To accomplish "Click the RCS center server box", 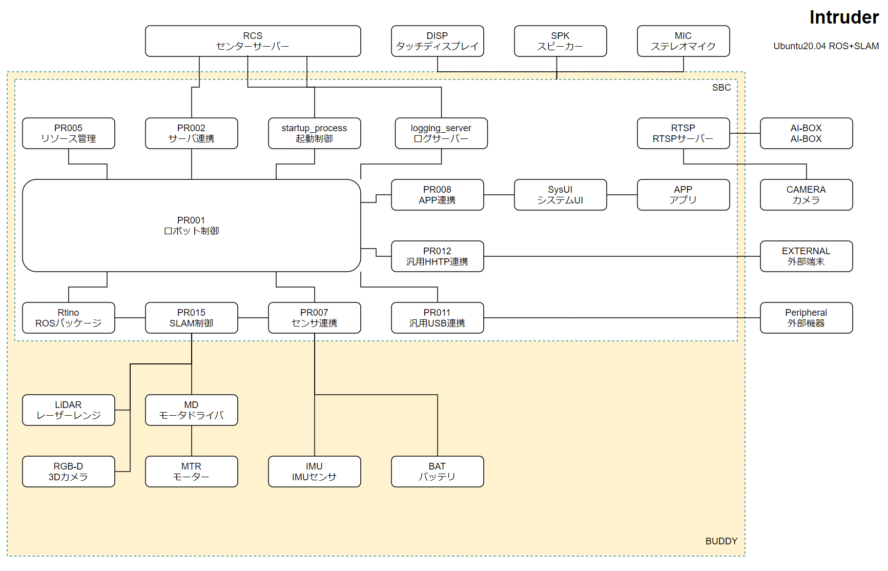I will [253, 41].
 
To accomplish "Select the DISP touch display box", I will [437, 41].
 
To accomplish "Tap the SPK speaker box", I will [560, 41].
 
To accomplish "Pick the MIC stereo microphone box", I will [683, 41].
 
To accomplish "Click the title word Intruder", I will [844, 17].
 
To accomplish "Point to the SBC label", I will [721, 88].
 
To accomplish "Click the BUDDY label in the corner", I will [721, 541].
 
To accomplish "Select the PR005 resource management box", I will [68, 133].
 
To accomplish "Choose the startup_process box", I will [314, 133].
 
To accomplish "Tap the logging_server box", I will [441, 133].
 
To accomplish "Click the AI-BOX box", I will [806, 133].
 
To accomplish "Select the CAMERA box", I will [806, 195].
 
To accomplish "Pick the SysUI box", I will [560, 195].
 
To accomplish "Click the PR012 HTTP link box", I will [437, 256].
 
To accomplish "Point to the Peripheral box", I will [806, 318].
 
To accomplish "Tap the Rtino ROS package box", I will [68, 318].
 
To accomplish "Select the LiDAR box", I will [68, 410].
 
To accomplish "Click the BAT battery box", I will [437, 472].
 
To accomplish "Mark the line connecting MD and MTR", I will [192, 441].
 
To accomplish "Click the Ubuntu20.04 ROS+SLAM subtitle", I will [826, 46].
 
